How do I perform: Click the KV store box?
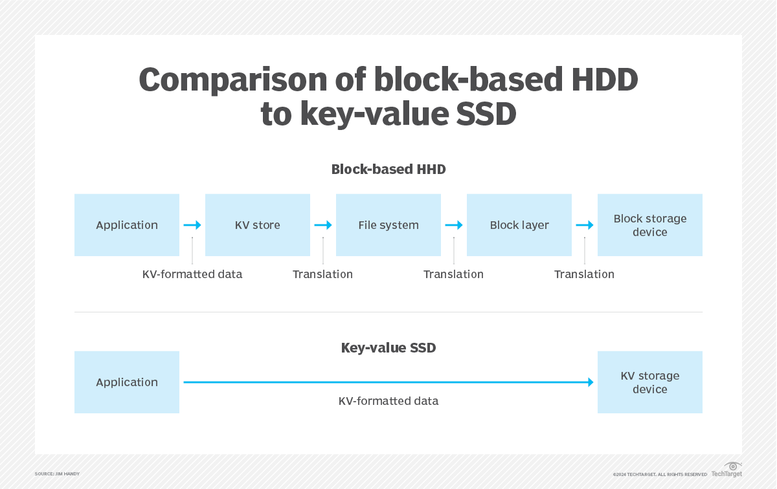[258, 225]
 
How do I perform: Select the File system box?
[388, 225]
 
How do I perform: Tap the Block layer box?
[519, 225]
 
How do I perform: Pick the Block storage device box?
[649, 225]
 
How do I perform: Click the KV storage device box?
[649, 382]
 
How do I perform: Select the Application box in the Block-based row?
[127, 225]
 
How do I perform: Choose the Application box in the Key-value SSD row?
[127, 382]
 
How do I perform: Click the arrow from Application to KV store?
[192, 225]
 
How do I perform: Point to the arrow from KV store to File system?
[323, 225]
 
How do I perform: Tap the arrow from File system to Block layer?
[454, 225]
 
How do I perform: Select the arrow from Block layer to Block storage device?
[585, 225]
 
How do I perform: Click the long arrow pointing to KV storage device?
[388, 382]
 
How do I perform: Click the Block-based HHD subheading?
[388, 169]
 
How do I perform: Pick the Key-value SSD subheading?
[388, 348]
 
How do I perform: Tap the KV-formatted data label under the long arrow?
[388, 401]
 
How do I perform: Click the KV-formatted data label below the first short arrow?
[192, 274]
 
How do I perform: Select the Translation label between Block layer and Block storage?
[584, 274]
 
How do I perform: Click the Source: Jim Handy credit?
[57, 474]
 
